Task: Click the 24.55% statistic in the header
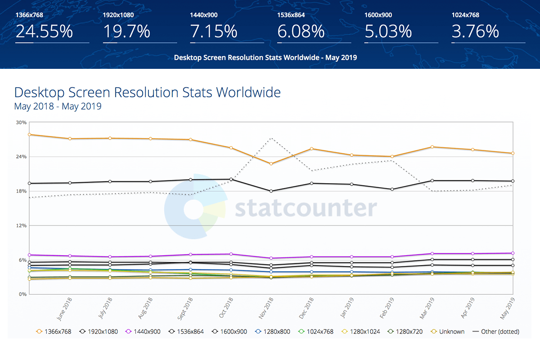click(x=44, y=31)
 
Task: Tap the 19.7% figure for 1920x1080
click(x=127, y=31)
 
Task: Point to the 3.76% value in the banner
click(x=475, y=31)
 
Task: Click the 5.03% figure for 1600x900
click(x=388, y=31)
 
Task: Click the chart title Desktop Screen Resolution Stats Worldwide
click(x=148, y=93)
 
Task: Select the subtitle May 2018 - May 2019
click(x=58, y=107)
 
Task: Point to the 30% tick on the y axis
click(x=21, y=122)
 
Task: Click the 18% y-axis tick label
click(x=21, y=191)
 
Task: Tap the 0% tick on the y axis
click(x=22, y=294)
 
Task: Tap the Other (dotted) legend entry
click(x=496, y=332)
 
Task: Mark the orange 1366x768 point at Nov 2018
click(x=271, y=164)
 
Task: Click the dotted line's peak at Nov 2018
click(x=271, y=138)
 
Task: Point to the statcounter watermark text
click(x=306, y=208)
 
